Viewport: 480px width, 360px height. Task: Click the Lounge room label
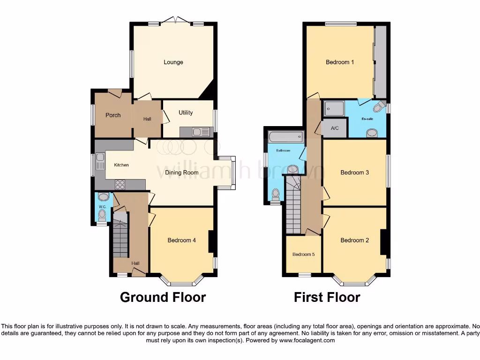point(173,62)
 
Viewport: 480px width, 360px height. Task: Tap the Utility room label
point(186,112)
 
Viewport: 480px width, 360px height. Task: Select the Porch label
point(113,115)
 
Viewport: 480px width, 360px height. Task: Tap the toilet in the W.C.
point(102,214)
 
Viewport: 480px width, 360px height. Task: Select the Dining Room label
point(182,172)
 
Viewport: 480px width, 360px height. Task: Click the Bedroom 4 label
point(181,240)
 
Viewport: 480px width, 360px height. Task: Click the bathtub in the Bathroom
point(285,137)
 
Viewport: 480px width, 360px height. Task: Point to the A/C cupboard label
point(335,128)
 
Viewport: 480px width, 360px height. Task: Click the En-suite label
point(367,119)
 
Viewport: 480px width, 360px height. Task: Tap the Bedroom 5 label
point(303,255)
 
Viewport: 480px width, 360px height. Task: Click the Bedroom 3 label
point(354,172)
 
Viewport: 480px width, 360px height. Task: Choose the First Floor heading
point(327,297)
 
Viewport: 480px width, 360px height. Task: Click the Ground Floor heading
point(163,297)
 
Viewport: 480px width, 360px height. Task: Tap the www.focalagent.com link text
point(307,340)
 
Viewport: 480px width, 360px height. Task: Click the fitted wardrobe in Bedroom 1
point(380,61)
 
